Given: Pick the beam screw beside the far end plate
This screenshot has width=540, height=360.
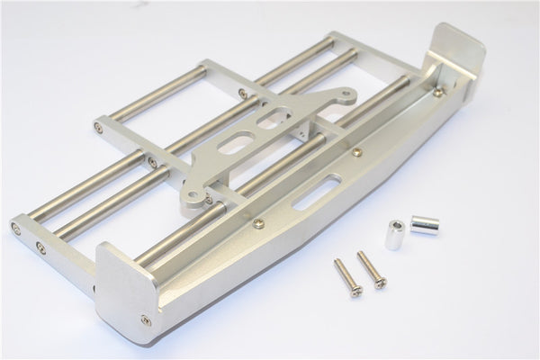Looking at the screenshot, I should point(439,91).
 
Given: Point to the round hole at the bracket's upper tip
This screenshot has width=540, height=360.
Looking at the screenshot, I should point(323,92).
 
